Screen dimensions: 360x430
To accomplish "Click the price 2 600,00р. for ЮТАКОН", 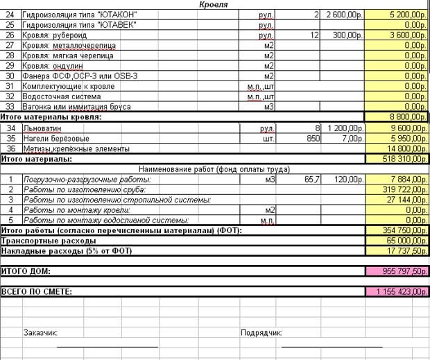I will (x=344, y=15).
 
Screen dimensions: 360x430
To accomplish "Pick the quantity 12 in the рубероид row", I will (x=314, y=35).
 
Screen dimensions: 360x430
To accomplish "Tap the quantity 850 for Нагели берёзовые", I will (x=311, y=138).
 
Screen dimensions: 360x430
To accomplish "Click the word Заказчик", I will (x=40, y=332).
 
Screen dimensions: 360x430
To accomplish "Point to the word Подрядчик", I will (x=261, y=332).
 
